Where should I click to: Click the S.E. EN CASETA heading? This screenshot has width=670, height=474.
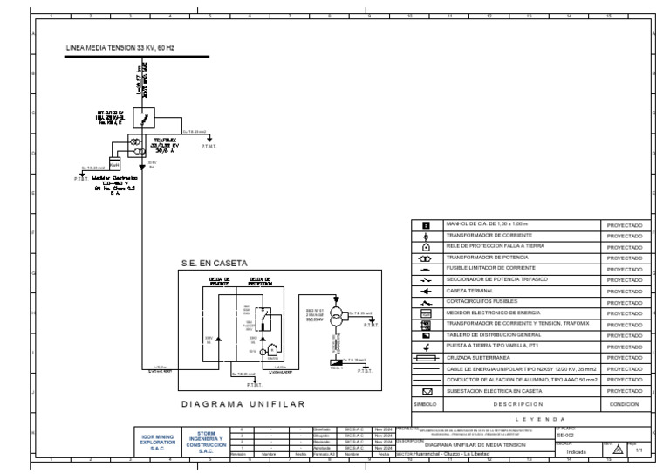point(215,262)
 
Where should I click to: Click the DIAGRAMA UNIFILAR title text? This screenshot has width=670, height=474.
point(242,404)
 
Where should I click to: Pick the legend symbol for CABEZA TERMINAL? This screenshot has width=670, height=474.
point(426,291)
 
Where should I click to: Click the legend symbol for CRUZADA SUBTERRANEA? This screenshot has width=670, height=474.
point(426,358)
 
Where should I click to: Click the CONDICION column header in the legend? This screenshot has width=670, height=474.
point(624,405)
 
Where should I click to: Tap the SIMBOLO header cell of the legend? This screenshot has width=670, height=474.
point(425,405)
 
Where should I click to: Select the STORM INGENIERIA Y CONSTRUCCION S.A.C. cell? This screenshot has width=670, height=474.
point(200,441)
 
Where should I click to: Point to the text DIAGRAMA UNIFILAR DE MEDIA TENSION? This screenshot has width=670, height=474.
point(475,443)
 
